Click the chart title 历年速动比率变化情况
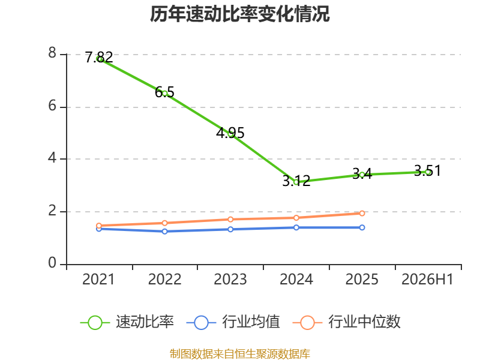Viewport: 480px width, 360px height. tap(239, 14)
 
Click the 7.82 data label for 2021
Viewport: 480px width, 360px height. tap(99, 57)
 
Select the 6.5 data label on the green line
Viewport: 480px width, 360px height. tap(164, 92)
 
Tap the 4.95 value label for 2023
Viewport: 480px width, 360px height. tap(230, 133)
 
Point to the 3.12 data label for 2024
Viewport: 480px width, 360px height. tap(296, 181)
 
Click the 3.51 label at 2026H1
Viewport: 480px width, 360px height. tap(427, 170)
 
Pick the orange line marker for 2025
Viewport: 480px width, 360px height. tap(362, 214)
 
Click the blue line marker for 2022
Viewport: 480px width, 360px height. tap(164, 232)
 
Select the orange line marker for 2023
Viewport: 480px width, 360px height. tap(230, 219)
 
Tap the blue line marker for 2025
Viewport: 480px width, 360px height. tap(362, 227)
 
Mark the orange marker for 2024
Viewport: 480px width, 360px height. tap(296, 218)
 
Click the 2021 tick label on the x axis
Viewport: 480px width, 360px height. tap(98, 280)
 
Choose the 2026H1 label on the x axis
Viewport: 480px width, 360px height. tap(427, 280)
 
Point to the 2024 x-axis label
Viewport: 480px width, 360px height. tap(296, 280)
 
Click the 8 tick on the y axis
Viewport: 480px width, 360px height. tap(52, 53)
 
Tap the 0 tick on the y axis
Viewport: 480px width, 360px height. tap(52, 263)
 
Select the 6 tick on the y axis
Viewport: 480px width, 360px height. tap(52, 106)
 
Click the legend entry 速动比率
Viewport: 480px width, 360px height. tap(127, 322)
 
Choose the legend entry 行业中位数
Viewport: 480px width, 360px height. tap(347, 322)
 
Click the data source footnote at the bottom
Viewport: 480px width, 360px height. tap(239, 354)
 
